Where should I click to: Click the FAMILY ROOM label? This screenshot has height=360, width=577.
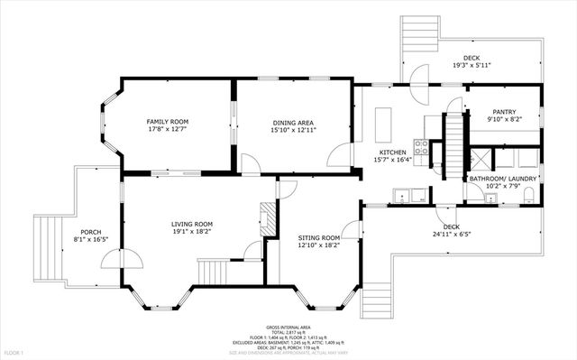pyautogui.click(x=167, y=121)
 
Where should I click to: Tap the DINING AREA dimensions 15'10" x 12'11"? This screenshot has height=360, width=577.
pyautogui.click(x=293, y=130)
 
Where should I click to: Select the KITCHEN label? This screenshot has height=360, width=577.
pyautogui.click(x=392, y=152)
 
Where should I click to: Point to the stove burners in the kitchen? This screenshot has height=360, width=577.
pyautogui.click(x=419, y=145)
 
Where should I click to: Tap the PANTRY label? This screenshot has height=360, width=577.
pyautogui.click(x=503, y=111)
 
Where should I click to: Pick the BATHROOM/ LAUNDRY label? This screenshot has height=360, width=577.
pyautogui.click(x=503, y=179)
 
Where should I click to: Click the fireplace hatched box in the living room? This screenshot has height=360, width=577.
pyautogui.click(x=266, y=217)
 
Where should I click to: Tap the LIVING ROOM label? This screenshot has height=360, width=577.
pyautogui.click(x=192, y=224)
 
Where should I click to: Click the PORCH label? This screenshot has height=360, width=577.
pyautogui.click(x=91, y=231)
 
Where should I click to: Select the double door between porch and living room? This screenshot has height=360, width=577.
pyautogui.click(x=121, y=261)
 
